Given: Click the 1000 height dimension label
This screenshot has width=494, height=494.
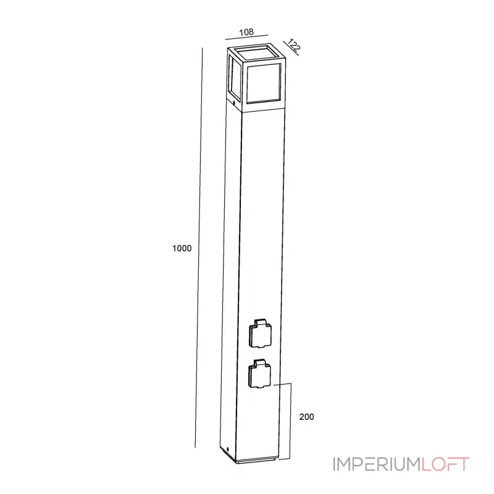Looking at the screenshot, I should [x=183, y=248].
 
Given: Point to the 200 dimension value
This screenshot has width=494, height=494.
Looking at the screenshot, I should [x=307, y=417].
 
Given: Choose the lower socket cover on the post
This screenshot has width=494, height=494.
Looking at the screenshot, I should [x=260, y=374].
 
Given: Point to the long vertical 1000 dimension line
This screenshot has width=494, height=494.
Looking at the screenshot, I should [x=199, y=247].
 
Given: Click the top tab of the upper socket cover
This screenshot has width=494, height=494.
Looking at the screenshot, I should [x=260, y=323].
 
